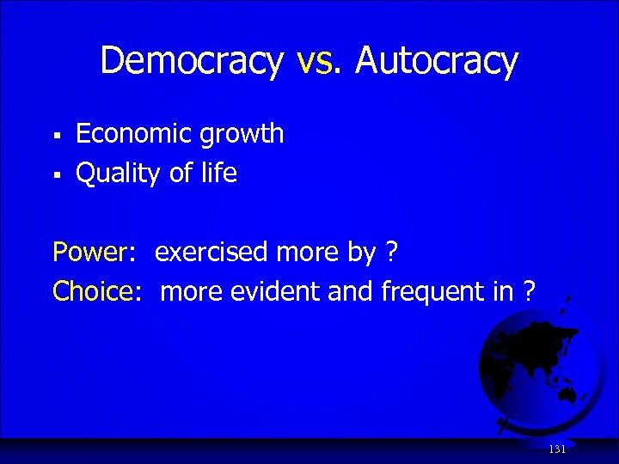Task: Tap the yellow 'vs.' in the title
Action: [x=319, y=62]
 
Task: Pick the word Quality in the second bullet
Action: [x=120, y=174]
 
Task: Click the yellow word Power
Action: [x=89, y=253]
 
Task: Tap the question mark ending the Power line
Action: [x=391, y=253]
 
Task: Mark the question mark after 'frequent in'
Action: [x=529, y=292]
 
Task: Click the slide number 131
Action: [x=557, y=449]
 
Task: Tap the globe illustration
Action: [x=533, y=370]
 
